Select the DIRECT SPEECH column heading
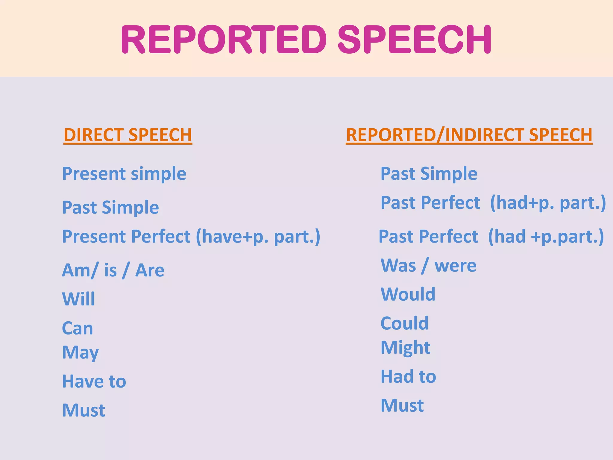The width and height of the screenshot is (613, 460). (x=128, y=135)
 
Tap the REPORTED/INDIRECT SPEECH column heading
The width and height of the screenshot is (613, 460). (x=469, y=135)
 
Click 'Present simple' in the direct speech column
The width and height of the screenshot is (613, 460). (x=124, y=174)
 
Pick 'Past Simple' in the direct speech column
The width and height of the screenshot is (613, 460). (x=110, y=208)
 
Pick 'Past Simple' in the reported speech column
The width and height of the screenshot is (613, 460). (x=429, y=174)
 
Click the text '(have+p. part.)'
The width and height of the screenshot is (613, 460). (x=258, y=237)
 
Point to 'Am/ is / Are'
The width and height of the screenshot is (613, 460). (x=113, y=270)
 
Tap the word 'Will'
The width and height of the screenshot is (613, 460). (x=78, y=299)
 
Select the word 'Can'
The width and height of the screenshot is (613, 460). (x=78, y=328)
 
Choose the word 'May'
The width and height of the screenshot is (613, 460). (x=80, y=352)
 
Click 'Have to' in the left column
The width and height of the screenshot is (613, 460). (x=94, y=381)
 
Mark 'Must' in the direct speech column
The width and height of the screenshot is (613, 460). (x=84, y=410)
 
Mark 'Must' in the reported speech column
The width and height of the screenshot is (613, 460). (x=402, y=405)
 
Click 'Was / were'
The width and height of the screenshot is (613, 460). (x=428, y=265)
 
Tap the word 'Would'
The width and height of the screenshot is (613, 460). (x=408, y=294)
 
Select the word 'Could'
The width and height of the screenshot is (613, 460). (x=404, y=323)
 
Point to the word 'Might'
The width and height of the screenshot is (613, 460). (x=405, y=347)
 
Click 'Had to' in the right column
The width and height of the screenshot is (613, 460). (x=408, y=376)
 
